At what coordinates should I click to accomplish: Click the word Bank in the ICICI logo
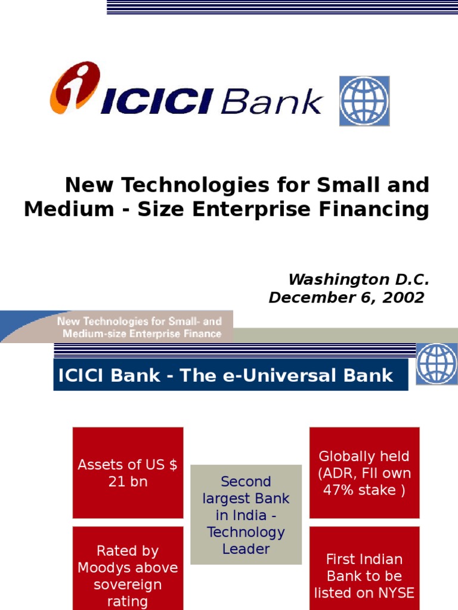[271, 102]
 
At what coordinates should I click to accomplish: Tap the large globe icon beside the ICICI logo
[364, 101]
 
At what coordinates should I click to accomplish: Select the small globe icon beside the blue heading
[437, 363]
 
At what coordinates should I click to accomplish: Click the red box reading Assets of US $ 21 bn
[128, 473]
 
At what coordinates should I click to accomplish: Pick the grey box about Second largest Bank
[246, 515]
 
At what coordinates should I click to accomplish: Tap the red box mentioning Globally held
[364, 473]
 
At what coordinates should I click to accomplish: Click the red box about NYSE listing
[364, 568]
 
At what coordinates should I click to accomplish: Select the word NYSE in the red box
[395, 593]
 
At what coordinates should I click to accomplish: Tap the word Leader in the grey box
[246, 549]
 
